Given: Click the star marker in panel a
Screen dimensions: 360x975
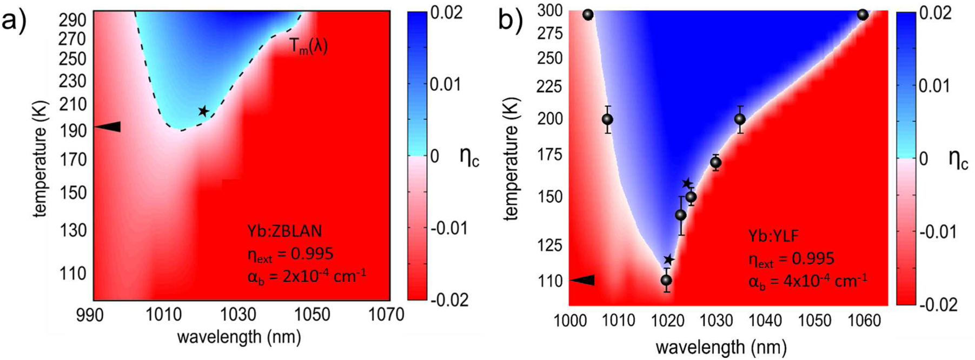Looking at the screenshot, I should (x=203, y=111).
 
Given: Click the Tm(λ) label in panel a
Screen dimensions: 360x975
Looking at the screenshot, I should (x=308, y=46).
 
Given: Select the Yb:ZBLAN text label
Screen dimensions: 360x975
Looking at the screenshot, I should (x=284, y=231).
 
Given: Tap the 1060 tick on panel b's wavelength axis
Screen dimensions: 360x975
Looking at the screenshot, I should (x=863, y=321).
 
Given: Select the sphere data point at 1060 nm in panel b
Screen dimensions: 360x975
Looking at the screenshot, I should (x=863, y=15).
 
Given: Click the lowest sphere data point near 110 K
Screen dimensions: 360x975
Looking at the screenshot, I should (x=666, y=280).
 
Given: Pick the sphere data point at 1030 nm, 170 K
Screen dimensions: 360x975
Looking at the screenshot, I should (x=715, y=162).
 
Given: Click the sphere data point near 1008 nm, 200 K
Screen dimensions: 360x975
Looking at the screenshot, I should (x=607, y=119).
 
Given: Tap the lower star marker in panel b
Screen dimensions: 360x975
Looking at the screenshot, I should (x=669, y=260).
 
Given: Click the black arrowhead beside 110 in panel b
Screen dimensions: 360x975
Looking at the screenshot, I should (x=583, y=280).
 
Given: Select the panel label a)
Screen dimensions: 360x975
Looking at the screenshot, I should (x=14, y=22).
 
